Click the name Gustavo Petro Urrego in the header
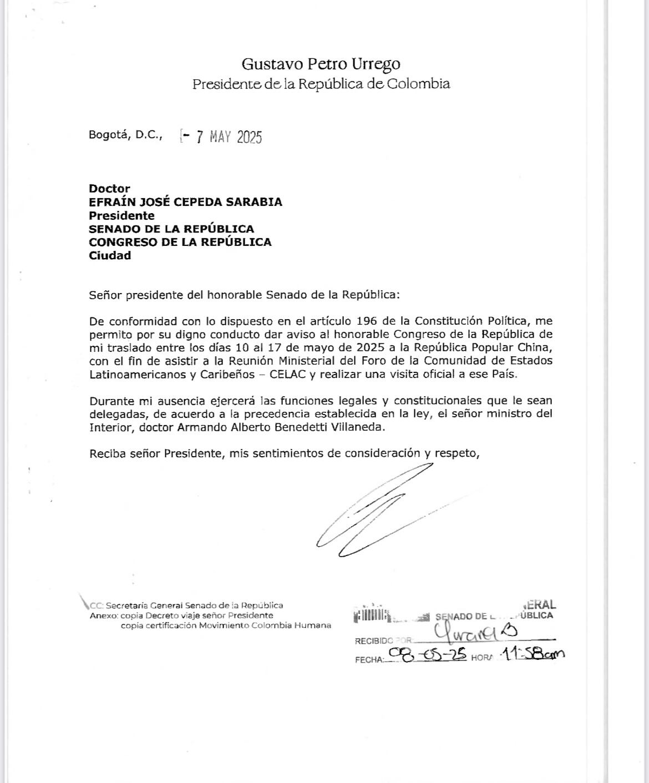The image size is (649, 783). point(321,64)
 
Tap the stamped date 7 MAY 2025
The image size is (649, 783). point(229,137)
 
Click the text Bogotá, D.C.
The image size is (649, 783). point(125,134)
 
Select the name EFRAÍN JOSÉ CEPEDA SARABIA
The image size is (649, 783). point(185,202)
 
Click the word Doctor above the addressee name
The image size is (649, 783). point(109,189)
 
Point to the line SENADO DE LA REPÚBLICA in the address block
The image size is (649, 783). point(171,229)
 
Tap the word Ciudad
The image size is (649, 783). point(110,255)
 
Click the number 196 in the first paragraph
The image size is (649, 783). point(367,321)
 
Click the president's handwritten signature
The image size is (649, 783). point(372,511)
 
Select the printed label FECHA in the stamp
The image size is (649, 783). point(369,660)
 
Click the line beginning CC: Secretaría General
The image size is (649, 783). point(186,605)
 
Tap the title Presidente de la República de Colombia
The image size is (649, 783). point(321,84)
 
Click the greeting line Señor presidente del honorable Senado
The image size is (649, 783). point(244,295)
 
